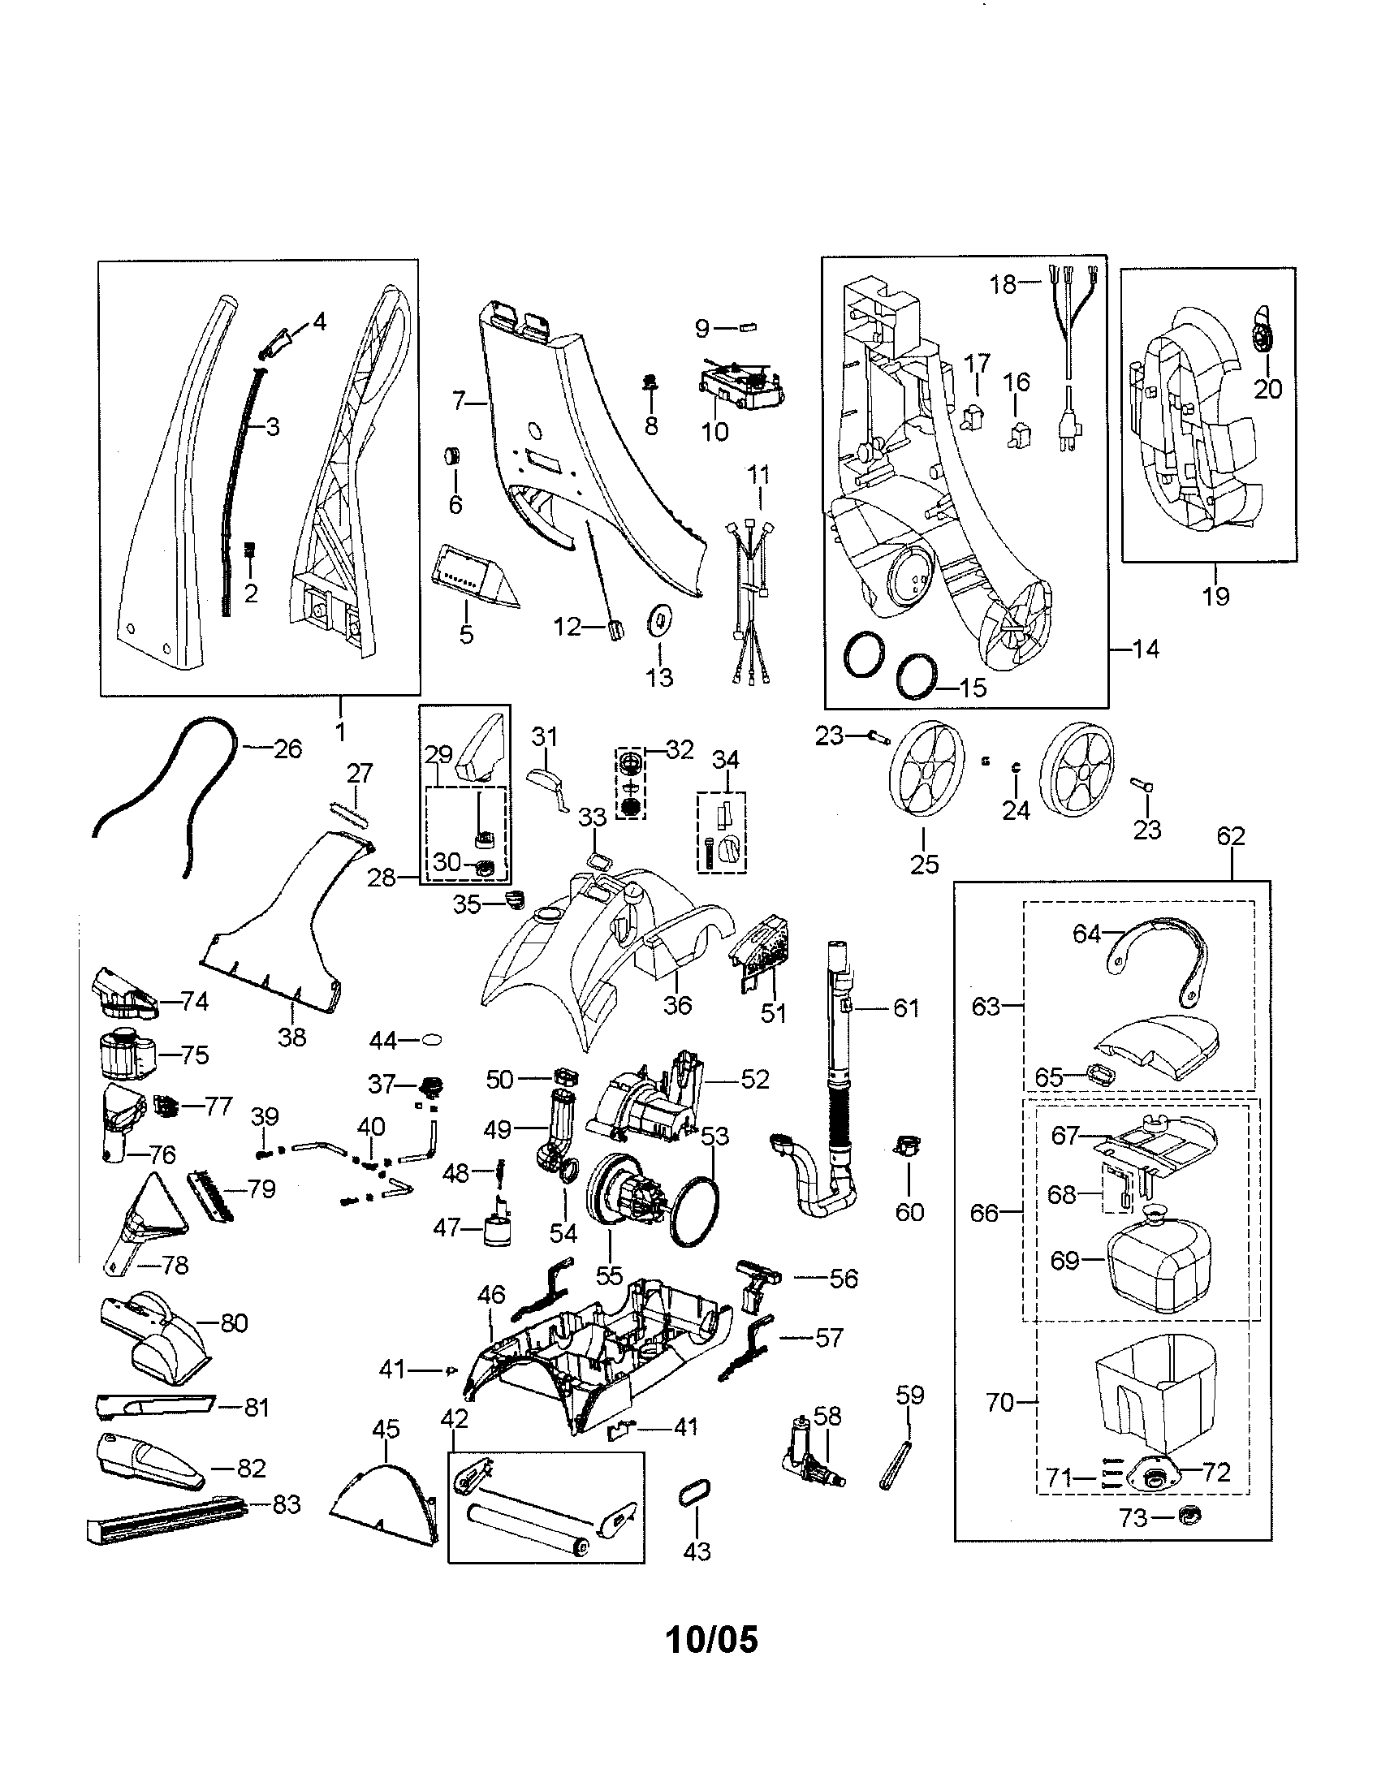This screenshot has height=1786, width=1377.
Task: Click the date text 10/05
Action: [712, 1640]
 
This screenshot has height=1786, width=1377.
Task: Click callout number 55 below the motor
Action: [609, 1275]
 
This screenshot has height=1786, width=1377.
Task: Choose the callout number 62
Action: [1230, 835]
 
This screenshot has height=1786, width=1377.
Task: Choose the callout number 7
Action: [458, 401]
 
